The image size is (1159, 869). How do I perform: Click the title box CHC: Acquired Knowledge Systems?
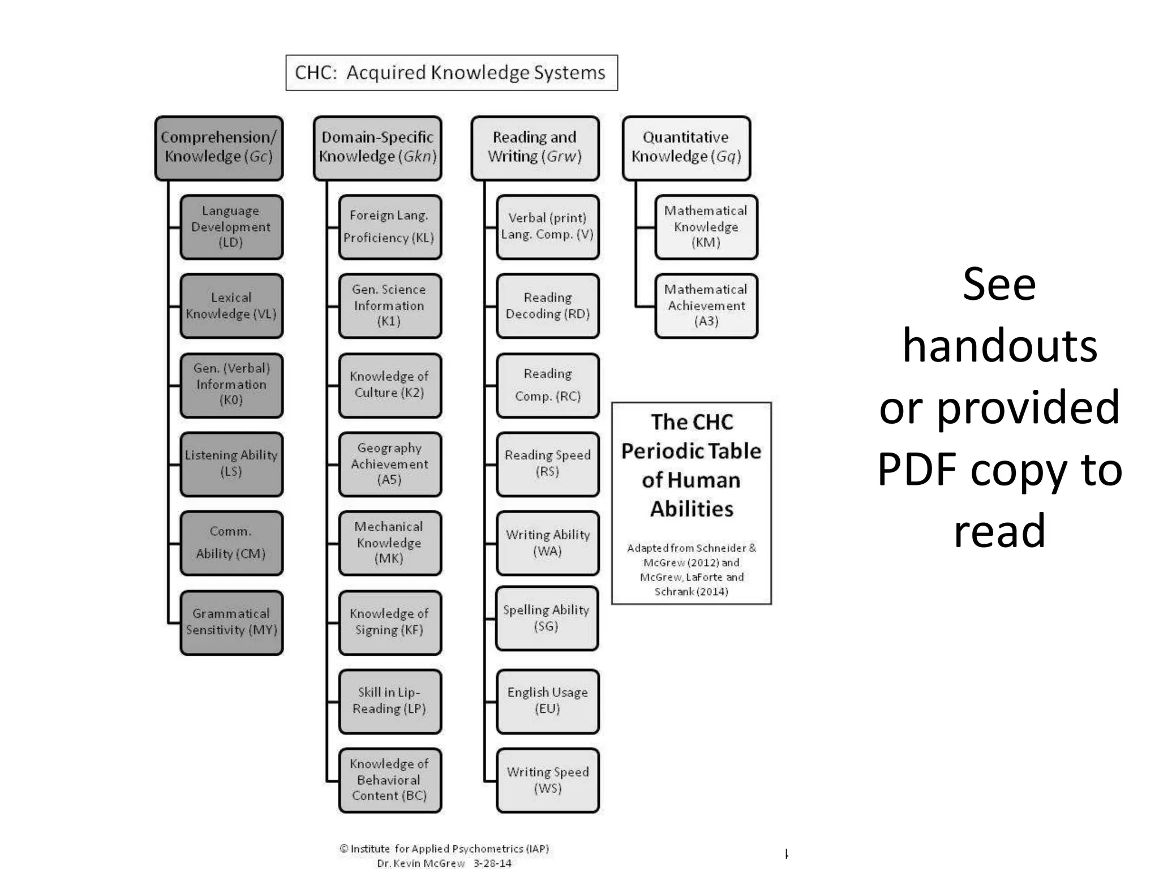[x=451, y=72]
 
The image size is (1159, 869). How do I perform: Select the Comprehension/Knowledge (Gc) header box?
[x=219, y=148]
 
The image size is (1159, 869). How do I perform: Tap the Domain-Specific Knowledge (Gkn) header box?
[x=377, y=148]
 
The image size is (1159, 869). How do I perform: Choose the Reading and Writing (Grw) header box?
[x=535, y=148]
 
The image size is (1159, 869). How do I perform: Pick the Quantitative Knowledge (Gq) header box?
[x=686, y=148]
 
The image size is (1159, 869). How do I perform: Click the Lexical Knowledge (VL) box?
[x=231, y=306]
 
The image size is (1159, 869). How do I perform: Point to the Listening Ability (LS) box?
[x=231, y=464]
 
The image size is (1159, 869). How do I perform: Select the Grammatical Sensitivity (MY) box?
[x=231, y=622]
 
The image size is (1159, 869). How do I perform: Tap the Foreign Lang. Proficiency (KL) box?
[x=389, y=227]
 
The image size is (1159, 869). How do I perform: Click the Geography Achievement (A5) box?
[x=389, y=464]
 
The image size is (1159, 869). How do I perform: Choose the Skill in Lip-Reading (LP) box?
[x=389, y=701]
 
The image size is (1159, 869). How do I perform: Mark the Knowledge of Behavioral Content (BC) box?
[x=389, y=780]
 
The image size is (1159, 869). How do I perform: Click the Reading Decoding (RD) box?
[x=547, y=306]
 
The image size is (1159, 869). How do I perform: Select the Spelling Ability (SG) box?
[x=546, y=618]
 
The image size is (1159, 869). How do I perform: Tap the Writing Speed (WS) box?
[x=547, y=780]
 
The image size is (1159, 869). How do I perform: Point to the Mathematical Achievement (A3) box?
[x=706, y=306]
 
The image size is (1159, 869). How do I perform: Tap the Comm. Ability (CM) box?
[x=231, y=543]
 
